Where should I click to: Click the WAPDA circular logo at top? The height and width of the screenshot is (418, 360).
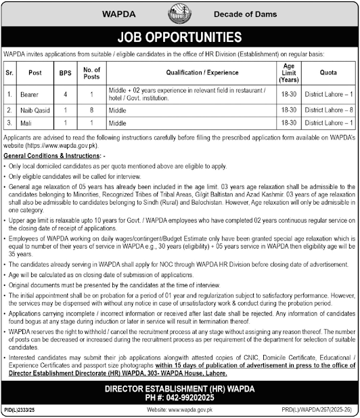[179, 14]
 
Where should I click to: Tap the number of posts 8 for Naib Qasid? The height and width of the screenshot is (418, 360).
[92, 109]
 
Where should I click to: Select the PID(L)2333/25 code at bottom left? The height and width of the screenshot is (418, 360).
[19, 410]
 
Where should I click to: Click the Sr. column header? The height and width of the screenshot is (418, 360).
[9, 70]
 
